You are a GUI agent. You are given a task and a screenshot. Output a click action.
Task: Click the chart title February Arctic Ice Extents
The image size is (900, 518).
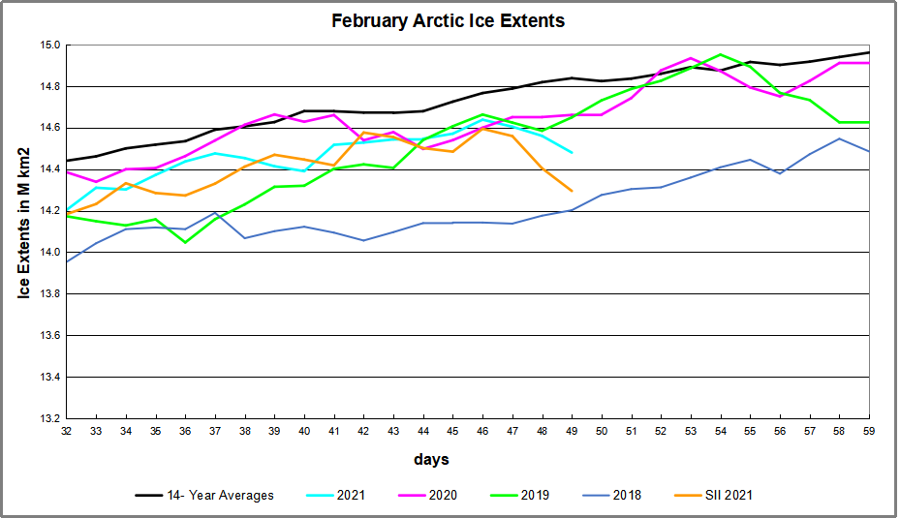[x=448, y=20]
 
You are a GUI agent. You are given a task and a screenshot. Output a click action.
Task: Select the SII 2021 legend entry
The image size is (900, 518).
[x=726, y=496]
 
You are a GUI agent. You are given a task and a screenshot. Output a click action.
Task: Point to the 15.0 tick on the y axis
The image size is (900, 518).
[x=50, y=45]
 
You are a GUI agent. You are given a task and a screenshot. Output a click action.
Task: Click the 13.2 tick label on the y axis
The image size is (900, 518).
[x=50, y=418]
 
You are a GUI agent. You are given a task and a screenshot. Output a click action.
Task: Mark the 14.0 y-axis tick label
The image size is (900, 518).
[x=50, y=253]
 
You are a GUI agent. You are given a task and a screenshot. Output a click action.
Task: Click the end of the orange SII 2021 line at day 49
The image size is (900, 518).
[x=572, y=191]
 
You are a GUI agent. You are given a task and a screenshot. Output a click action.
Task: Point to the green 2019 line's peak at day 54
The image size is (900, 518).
[x=720, y=54]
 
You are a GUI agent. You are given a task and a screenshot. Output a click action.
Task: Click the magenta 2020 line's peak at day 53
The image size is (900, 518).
[x=691, y=58]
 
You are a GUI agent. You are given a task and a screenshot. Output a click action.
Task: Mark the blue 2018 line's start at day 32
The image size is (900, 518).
[x=66, y=261]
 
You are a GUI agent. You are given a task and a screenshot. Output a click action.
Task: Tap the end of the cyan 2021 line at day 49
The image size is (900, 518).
[x=572, y=153]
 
